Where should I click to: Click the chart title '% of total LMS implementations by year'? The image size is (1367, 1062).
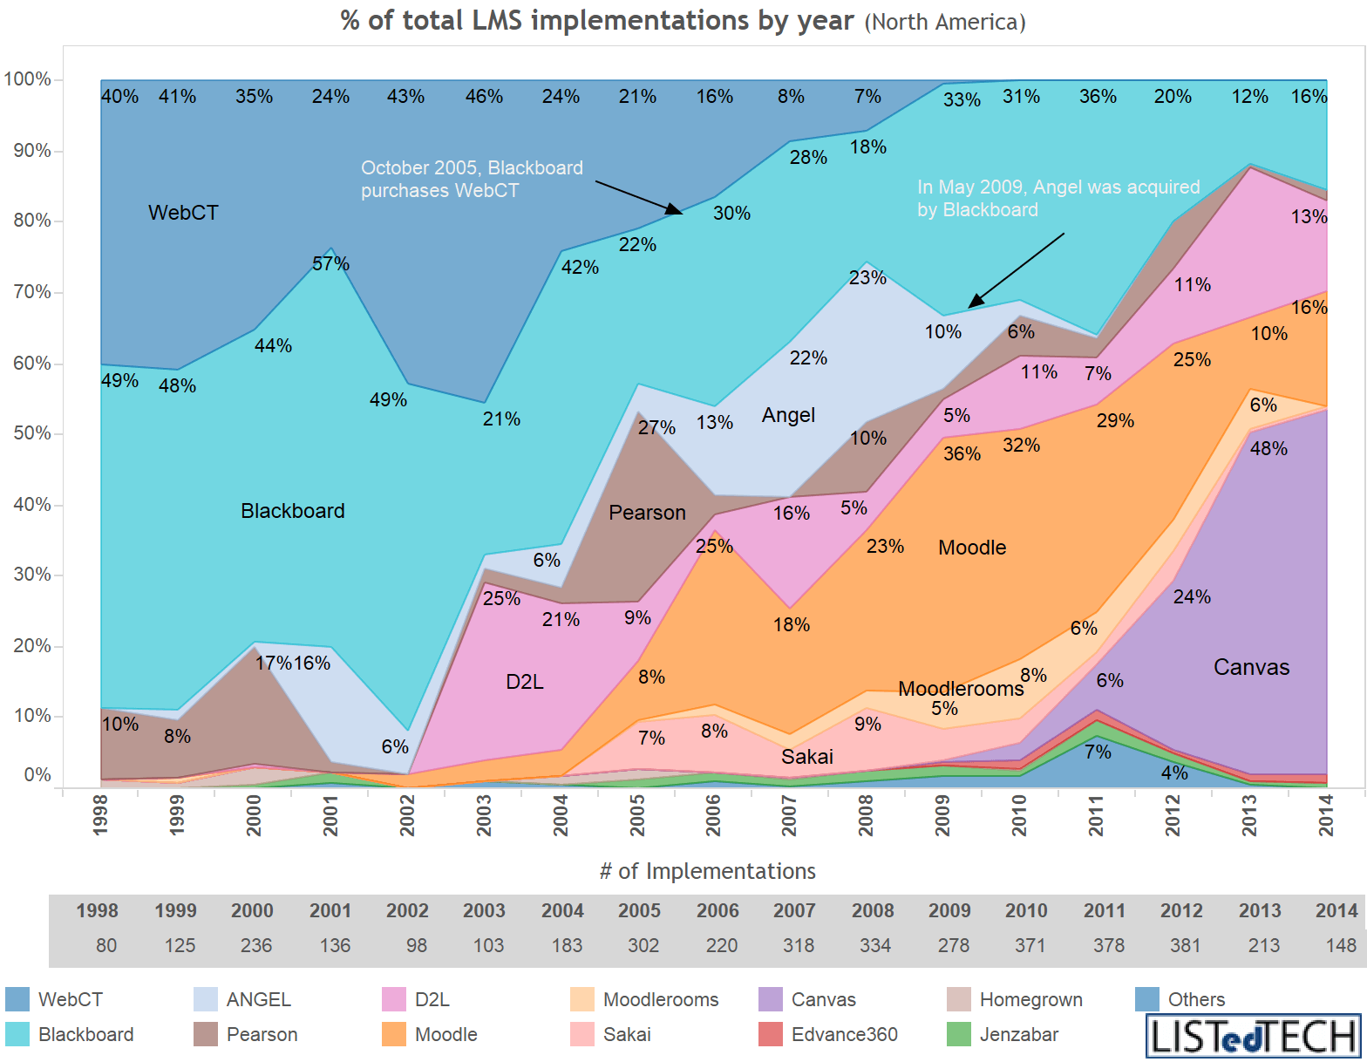(596, 20)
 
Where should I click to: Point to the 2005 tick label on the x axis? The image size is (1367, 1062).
(637, 814)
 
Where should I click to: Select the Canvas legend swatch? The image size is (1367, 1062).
(771, 999)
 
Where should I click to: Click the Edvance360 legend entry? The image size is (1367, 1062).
(844, 1035)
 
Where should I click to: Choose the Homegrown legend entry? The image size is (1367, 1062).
(1030, 999)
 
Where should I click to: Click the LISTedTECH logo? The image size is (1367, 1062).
(1253, 1036)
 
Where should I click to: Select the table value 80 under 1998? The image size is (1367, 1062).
(105, 945)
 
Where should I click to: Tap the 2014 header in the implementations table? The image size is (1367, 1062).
(1336, 910)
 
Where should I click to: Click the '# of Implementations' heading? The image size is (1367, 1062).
(707, 871)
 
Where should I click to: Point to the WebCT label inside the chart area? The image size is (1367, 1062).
(183, 213)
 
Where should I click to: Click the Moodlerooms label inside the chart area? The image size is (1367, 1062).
(961, 689)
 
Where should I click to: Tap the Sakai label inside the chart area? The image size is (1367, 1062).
(806, 757)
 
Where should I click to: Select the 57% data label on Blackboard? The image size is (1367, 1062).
(330, 263)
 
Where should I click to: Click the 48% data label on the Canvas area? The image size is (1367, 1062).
(1268, 448)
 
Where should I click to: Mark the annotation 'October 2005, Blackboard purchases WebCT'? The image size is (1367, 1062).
(472, 179)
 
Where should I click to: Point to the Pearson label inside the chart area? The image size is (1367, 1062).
(647, 513)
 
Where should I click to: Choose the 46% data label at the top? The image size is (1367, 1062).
(484, 97)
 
